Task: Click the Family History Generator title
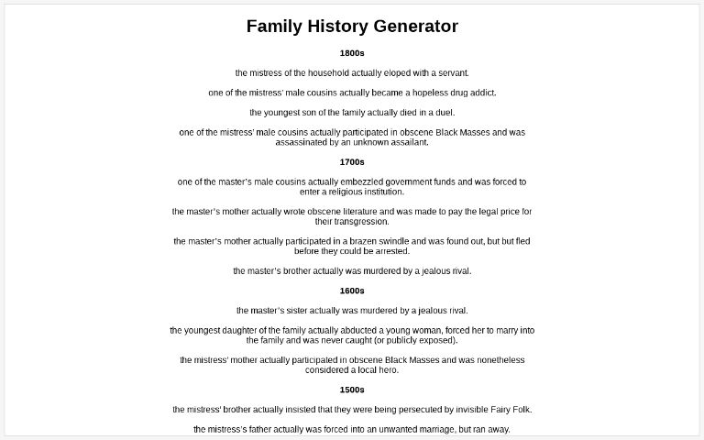pyautogui.click(x=352, y=27)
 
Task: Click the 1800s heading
pyautogui.click(x=352, y=53)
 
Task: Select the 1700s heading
pyautogui.click(x=352, y=162)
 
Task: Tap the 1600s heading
pyautogui.click(x=352, y=291)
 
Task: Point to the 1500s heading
pyautogui.click(x=352, y=390)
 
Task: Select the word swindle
pyautogui.click(x=386, y=242)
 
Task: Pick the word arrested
pyautogui.click(x=391, y=251)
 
